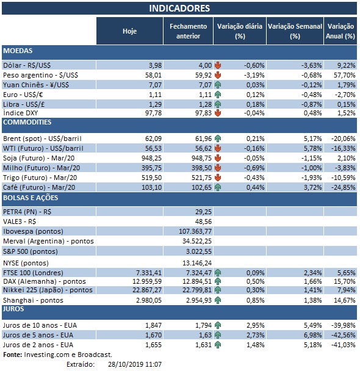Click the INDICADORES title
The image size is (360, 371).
pyautogui.click(x=179, y=8)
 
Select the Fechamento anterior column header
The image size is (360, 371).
pyautogui.click(x=187, y=31)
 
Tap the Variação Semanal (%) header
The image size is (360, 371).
pyautogui.click(x=295, y=31)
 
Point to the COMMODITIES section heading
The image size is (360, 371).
pyautogui.click(x=27, y=123)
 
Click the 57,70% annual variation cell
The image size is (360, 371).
pyautogui.click(x=343, y=74)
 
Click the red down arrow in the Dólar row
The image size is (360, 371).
pyautogui.click(x=218, y=65)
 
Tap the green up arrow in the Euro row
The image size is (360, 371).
pyautogui.click(x=218, y=95)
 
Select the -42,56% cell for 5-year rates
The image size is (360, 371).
pyautogui.click(x=343, y=336)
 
